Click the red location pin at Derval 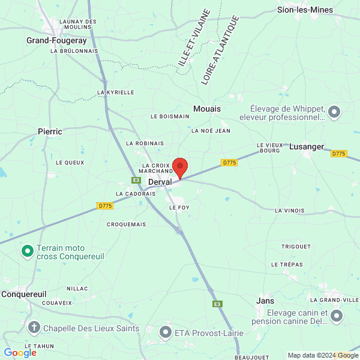click(x=179, y=167)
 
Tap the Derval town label click(x=160, y=182)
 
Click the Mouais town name click(x=207, y=109)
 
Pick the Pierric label click(x=50, y=131)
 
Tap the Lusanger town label click(x=306, y=146)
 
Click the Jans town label click(x=265, y=301)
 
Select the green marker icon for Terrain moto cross click(x=27, y=251)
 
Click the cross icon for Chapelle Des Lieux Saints click(x=34, y=328)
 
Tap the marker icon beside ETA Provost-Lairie click(x=166, y=331)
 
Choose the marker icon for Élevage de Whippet click(x=334, y=111)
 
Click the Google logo click(x=20, y=353)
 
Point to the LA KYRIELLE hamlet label click(x=116, y=92)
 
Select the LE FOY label click(x=179, y=207)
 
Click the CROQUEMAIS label click(x=126, y=224)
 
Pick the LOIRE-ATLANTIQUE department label click(x=220, y=50)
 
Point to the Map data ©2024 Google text click(x=322, y=355)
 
